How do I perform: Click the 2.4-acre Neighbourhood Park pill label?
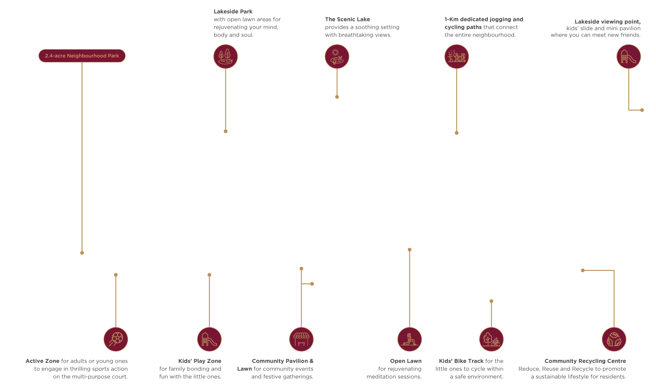tap(82, 56)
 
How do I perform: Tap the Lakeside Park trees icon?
tap(226, 56)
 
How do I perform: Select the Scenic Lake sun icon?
tap(337, 56)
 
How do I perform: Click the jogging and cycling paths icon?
tap(457, 56)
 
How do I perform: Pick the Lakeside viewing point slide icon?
tap(628, 56)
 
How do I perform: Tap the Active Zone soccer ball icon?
tap(116, 339)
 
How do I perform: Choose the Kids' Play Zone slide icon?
tap(209, 339)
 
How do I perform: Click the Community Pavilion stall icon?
tap(301, 339)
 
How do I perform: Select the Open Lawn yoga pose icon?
tap(410, 339)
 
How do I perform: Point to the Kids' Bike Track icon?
tap(491, 339)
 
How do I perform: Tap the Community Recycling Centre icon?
tap(614, 339)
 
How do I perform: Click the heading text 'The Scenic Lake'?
tap(347, 19)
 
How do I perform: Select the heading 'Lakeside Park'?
tap(233, 11)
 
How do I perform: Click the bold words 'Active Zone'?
tap(43, 361)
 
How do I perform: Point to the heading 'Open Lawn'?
tap(406, 361)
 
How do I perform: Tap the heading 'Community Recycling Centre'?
tap(585, 361)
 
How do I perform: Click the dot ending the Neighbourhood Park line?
tap(82, 253)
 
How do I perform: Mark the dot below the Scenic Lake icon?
tap(337, 97)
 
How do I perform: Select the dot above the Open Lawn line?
tap(410, 250)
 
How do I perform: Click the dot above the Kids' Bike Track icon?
tap(491, 301)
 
